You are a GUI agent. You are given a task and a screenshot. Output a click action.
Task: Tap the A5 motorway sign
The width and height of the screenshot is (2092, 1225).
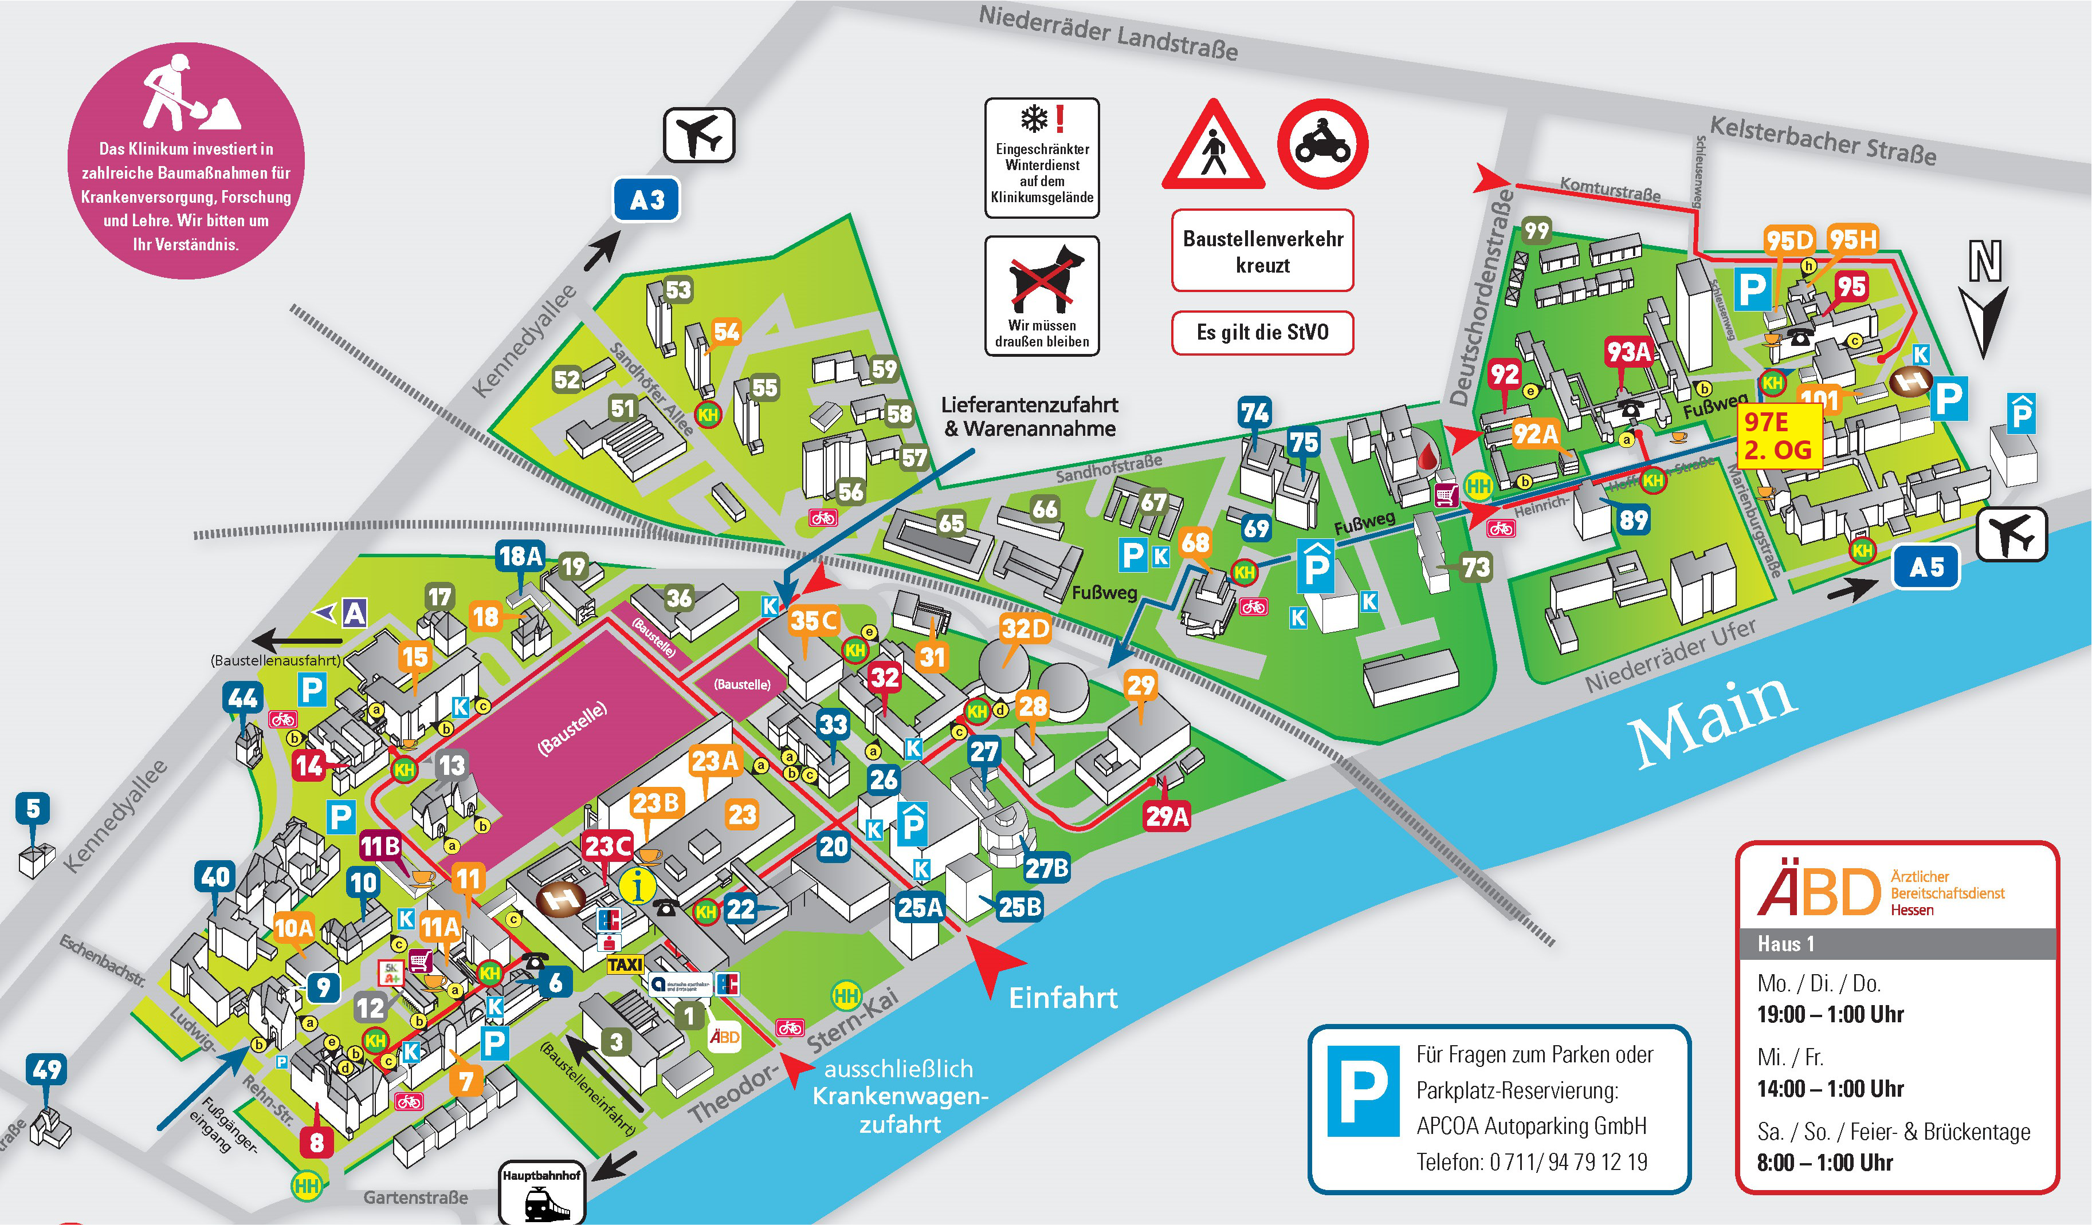click(x=1925, y=568)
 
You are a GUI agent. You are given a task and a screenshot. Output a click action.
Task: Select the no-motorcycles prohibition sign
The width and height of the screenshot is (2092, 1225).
click(x=1322, y=144)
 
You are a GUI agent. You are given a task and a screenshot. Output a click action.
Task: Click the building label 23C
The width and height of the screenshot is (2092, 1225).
click(x=608, y=846)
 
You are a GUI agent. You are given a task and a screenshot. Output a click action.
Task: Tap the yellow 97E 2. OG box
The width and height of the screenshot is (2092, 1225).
click(x=1777, y=436)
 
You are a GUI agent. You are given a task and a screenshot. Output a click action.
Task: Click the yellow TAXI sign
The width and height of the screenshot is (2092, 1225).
click(x=625, y=964)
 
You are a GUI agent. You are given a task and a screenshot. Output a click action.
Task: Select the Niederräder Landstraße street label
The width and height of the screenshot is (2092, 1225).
click(x=1108, y=33)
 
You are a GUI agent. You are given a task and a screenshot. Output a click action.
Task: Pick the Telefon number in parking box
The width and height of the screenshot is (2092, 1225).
click(x=1531, y=1162)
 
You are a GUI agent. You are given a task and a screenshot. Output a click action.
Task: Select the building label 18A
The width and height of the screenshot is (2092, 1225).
click(x=520, y=556)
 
